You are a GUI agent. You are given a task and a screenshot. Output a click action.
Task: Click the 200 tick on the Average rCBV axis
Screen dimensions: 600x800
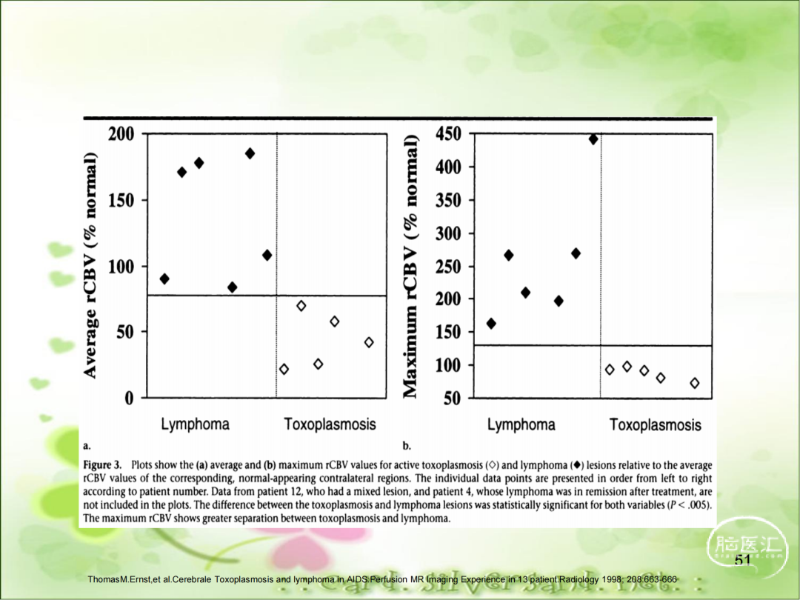pos(121,134)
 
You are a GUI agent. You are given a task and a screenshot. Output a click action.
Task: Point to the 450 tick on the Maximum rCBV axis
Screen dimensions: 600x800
pos(447,134)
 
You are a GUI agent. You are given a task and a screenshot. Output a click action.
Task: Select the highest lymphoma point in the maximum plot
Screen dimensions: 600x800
pos(593,139)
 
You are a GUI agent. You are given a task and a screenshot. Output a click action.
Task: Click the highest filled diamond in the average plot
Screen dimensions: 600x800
pos(250,153)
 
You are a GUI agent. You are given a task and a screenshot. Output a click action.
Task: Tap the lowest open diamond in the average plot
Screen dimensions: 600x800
pos(284,369)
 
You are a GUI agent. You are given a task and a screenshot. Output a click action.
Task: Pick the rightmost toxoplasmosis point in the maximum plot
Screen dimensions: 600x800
pos(694,383)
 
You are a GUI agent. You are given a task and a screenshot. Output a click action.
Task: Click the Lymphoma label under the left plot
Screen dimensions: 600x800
pos(196,424)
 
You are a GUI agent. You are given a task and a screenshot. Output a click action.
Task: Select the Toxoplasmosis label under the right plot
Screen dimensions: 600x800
pos(655,425)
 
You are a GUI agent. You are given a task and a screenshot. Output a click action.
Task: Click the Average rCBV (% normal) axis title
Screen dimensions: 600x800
pos(90,265)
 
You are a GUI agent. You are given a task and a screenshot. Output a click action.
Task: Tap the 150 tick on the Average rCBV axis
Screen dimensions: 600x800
pos(121,200)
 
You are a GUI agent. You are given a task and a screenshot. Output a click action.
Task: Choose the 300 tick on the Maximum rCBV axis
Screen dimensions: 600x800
pos(447,233)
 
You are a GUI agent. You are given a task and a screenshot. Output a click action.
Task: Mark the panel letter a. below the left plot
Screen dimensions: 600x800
pos(87,446)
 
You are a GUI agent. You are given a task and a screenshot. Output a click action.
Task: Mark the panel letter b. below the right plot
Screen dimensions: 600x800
pos(407,446)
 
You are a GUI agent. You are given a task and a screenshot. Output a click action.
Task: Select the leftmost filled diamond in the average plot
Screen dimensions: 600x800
pos(164,279)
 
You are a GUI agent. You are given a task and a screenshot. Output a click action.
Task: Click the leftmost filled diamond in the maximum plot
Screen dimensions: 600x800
pos(491,323)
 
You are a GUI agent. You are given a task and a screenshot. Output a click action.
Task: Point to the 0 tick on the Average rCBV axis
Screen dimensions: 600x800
pos(130,398)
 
